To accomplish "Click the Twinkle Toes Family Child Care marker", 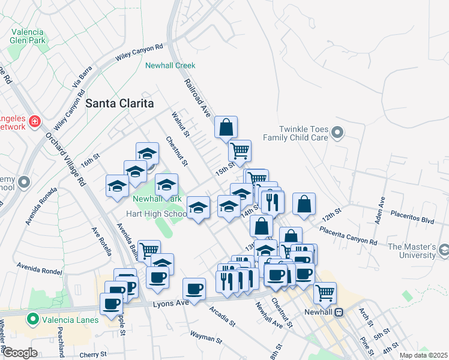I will [337, 133].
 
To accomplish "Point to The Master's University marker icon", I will [443, 249].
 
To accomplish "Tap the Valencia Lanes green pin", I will [32, 320].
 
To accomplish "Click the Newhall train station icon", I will [339, 312].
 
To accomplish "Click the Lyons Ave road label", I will [170, 303].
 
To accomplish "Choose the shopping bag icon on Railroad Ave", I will [226, 128].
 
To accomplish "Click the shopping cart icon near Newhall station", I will [325, 293].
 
